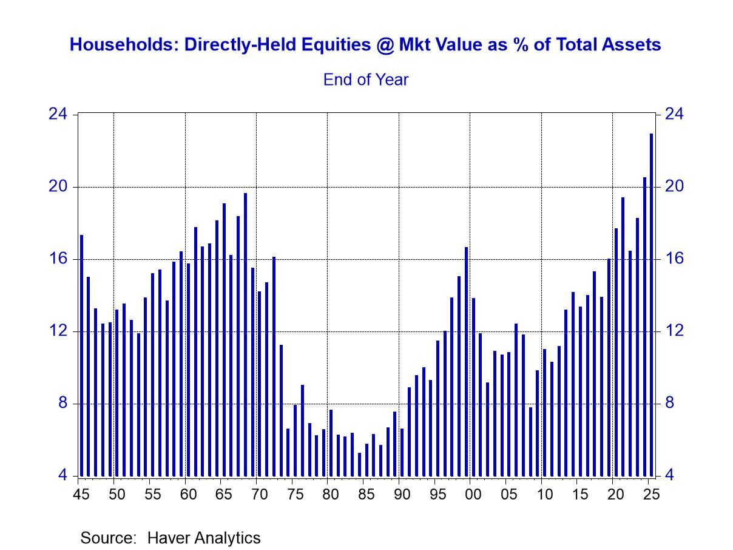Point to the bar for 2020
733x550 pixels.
[616, 352]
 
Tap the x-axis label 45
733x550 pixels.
[79, 494]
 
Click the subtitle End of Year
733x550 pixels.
[366, 80]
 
